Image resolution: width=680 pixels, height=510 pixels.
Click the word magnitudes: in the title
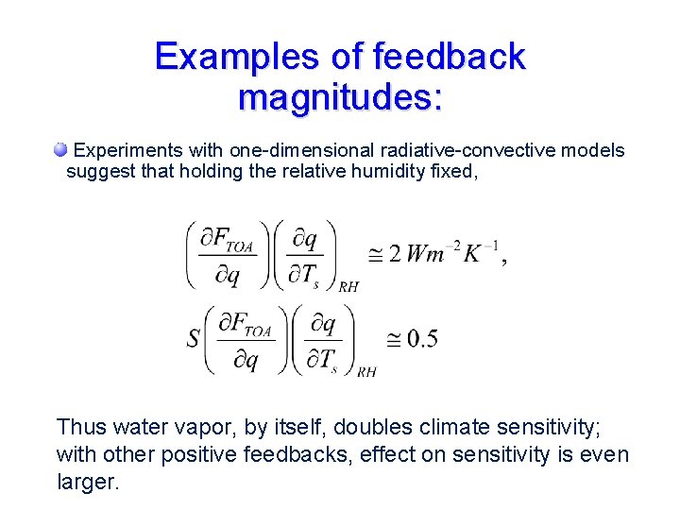[340, 96]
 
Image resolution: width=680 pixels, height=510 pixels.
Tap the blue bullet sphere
[60, 149]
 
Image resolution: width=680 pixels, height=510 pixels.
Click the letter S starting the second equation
[194, 338]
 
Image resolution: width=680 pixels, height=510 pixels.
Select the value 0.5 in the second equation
[420, 339]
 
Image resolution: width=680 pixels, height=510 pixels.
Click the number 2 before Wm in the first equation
[395, 254]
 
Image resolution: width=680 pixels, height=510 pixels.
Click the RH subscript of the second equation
[366, 372]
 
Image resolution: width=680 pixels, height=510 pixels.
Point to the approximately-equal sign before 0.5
[394, 339]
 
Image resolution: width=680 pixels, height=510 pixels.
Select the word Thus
[80, 427]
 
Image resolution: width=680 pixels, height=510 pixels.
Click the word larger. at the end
[88, 482]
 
